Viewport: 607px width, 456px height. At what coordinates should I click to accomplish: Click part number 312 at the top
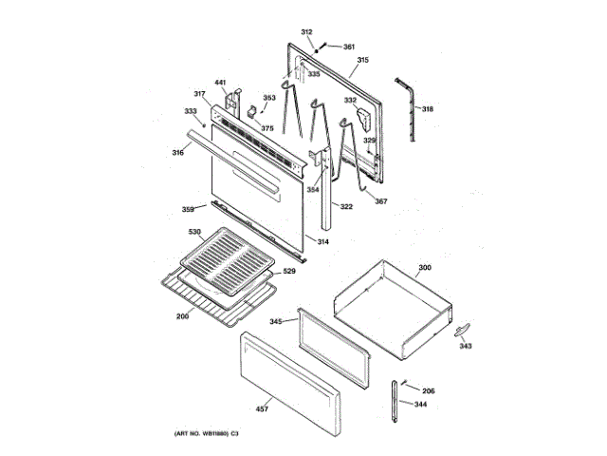point(306,33)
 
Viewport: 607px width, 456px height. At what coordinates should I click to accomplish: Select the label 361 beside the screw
point(348,47)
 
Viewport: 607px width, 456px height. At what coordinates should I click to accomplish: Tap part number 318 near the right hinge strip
point(428,110)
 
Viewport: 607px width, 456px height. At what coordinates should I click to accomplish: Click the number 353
point(269,98)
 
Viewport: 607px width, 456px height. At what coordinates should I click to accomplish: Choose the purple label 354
point(313,188)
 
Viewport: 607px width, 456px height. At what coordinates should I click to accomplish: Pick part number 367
point(380,200)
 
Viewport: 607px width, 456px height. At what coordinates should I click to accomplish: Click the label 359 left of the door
point(188,209)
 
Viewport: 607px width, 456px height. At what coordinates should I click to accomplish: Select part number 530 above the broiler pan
point(194,233)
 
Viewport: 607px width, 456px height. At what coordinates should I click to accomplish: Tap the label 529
point(289,273)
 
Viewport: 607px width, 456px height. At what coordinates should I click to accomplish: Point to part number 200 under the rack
point(182,315)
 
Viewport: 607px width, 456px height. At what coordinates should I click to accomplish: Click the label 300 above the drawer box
point(424,268)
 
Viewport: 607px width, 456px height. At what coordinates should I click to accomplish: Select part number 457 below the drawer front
point(263,409)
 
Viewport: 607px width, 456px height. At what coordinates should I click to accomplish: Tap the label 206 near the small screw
point(428,391)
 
